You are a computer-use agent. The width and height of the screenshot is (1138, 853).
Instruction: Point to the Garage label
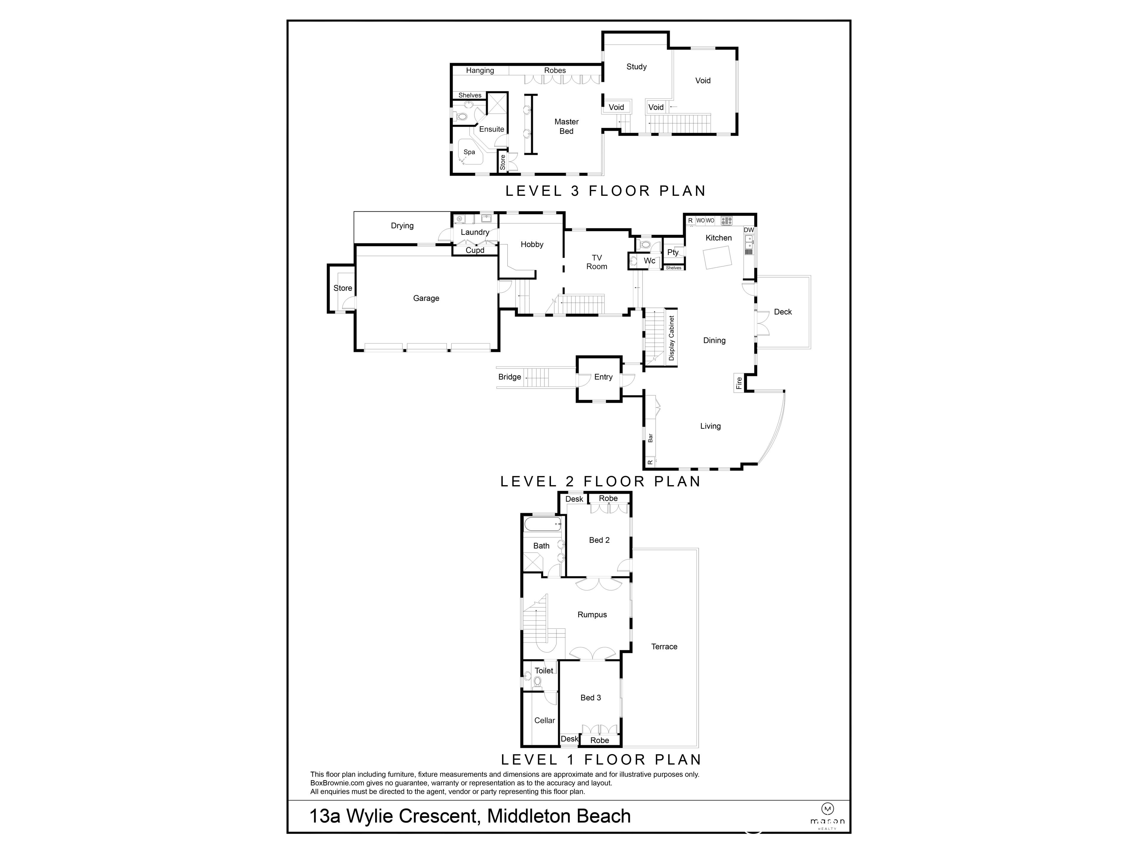(x=426, y=298)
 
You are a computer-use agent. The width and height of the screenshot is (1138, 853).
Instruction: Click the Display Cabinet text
(x=671, y=338)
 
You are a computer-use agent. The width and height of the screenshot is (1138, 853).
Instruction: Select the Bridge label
(x=509, y=377)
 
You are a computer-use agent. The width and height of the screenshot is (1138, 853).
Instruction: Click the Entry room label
(x=603, y=377)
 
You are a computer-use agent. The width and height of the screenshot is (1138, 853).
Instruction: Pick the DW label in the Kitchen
(x=749, y=230)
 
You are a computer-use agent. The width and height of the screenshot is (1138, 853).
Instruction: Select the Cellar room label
(x=544, y=720)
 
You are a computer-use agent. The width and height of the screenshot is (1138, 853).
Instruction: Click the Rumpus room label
(x=592, y=615)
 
